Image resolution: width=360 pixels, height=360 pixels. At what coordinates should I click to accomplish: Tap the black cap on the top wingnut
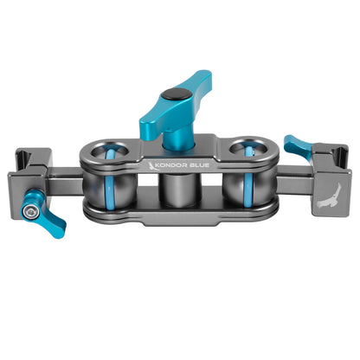pos(176,96)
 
